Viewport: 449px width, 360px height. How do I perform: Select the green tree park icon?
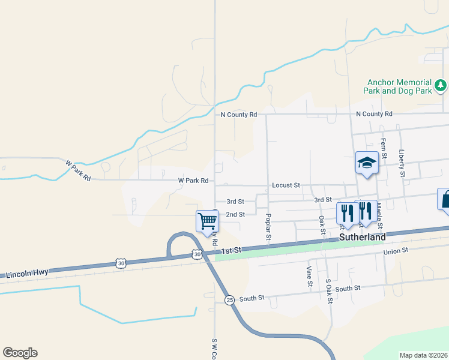441,86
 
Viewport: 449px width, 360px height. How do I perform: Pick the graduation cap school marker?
366,163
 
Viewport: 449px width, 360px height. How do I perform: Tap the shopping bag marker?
445,199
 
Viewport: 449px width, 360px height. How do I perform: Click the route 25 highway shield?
229,299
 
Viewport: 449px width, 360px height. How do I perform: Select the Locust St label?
286,185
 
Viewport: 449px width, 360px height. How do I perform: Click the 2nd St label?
235,214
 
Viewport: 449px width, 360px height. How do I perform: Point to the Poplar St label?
268,228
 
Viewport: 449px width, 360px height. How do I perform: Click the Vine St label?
309,274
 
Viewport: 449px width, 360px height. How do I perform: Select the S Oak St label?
328,290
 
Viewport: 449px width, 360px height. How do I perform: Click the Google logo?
20,353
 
